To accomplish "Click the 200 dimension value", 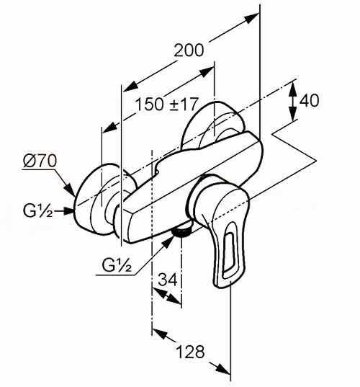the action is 189,50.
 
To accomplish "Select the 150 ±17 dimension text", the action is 167,104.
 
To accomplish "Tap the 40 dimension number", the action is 309,100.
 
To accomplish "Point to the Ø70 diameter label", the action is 40,161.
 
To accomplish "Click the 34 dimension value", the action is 168,280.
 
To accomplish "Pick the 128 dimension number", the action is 191,352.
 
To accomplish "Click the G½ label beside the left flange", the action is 37,211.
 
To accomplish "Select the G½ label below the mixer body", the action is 117,265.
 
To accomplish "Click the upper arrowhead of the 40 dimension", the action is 293,89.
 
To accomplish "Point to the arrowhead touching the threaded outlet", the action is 168,241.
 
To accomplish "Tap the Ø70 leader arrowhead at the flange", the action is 70,190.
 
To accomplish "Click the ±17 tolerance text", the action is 184,104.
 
